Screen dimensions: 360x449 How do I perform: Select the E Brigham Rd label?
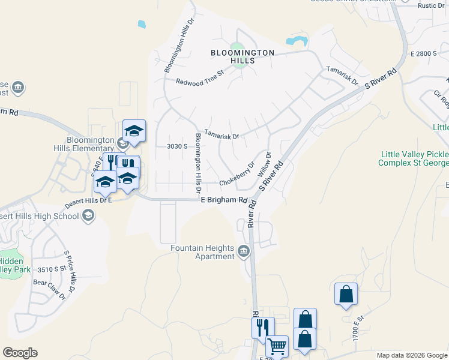224,200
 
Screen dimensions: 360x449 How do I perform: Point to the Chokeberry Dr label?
237,173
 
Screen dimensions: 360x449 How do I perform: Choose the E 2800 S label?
424,54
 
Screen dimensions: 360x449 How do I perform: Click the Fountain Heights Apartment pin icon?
244,251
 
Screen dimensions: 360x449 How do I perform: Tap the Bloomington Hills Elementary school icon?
122,143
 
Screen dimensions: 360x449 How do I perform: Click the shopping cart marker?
276,346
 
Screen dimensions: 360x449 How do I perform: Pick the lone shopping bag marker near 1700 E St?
346,294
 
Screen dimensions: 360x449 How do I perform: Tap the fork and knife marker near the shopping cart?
262,327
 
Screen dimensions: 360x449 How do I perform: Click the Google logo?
20,353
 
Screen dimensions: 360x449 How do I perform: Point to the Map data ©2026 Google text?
412,355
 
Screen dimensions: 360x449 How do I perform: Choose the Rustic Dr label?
430,5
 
